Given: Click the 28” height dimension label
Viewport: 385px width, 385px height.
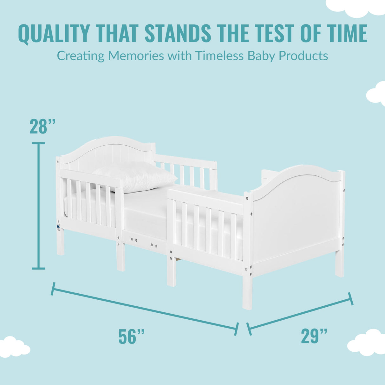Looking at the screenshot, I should point(42,127).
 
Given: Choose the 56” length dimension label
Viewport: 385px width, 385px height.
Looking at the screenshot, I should point(131,336).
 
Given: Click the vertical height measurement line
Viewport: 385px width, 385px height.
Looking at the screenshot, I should point(39,206).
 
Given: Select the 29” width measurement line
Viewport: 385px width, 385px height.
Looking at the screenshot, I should point(300,312).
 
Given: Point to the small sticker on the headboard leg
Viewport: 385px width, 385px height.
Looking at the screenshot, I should point(58,227).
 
